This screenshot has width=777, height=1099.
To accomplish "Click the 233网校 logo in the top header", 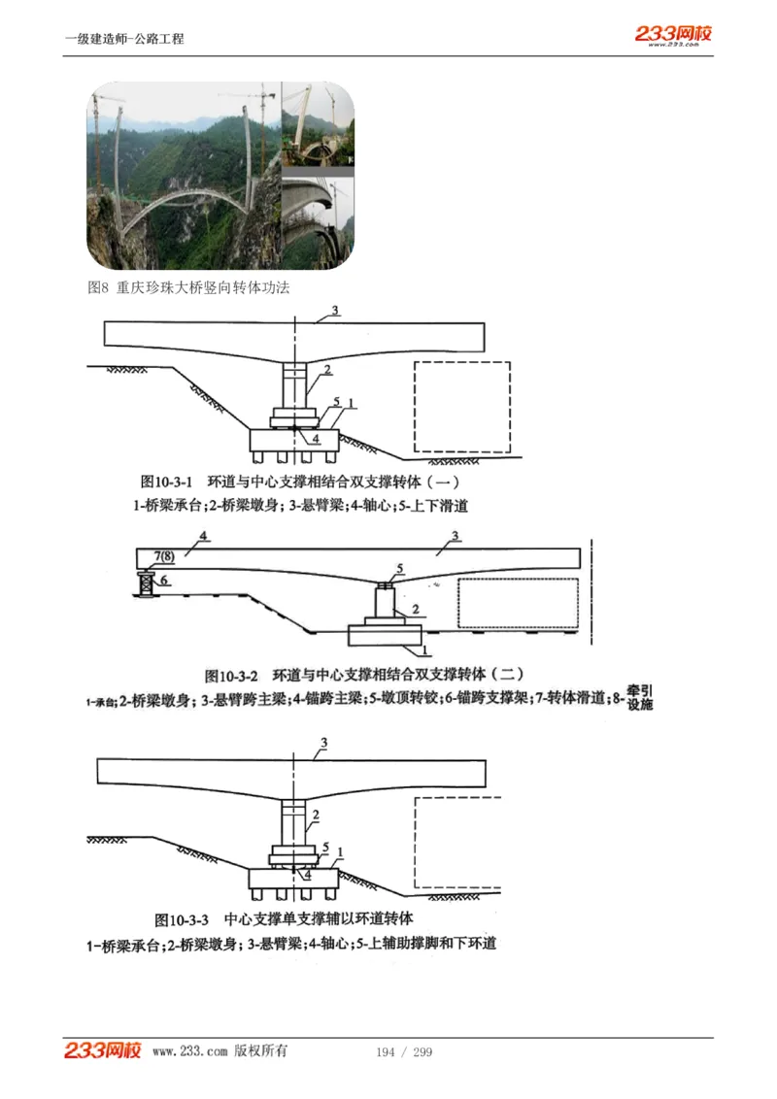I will [x=673, y=35].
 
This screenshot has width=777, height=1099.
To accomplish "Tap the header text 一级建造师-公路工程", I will [x=124, y=39].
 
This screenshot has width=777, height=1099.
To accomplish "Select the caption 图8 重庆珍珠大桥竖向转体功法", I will [x=188, y=287].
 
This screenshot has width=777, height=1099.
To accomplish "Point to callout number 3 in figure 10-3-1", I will [x=334, y=311].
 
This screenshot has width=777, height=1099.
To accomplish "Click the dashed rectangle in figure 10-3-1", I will [x=461, y=408].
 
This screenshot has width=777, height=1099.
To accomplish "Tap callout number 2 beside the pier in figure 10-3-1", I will [x=328, y=370].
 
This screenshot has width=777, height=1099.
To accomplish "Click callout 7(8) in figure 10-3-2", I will [x=164, y=554].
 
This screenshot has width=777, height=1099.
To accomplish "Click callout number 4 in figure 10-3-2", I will [x=203, y=536].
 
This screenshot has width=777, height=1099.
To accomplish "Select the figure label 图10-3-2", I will [x=231, y=675].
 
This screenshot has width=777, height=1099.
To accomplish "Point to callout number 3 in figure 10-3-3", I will [x=324, y=744].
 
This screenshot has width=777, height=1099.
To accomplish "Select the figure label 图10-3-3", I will [x=182, y=918].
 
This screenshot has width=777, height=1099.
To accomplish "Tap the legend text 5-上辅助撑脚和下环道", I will [x=425, y=943].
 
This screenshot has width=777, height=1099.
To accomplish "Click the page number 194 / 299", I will [x=403, y=1052].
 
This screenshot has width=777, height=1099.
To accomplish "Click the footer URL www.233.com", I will [x=189, y=1051].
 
